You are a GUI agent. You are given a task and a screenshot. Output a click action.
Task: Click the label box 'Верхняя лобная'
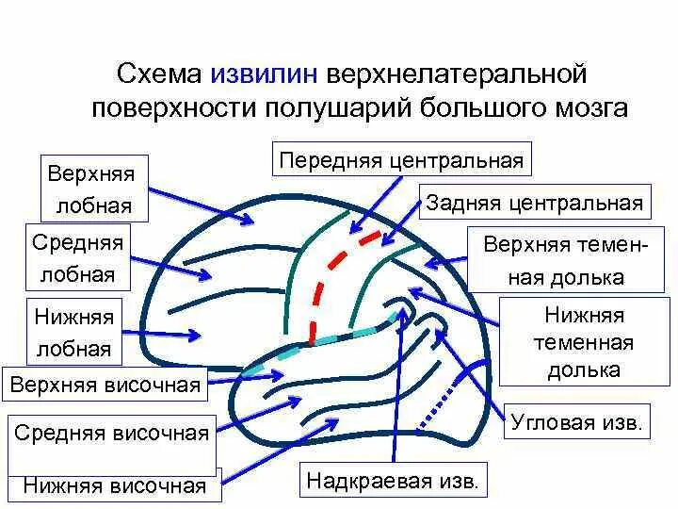coord(91,189)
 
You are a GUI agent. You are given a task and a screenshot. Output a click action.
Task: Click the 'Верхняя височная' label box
coord(105,385)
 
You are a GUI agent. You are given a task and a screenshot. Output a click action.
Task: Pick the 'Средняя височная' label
coord(111,434)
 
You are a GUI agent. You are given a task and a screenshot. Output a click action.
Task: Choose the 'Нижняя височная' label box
coord(115,485)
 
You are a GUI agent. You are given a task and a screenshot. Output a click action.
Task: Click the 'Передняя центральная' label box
coord(401,159)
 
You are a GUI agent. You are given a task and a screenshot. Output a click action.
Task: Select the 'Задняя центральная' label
coord(534,203)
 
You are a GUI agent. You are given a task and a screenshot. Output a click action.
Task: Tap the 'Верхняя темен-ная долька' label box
coord(566,260)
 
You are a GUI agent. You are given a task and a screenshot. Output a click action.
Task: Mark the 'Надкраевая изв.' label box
coord(393,481)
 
